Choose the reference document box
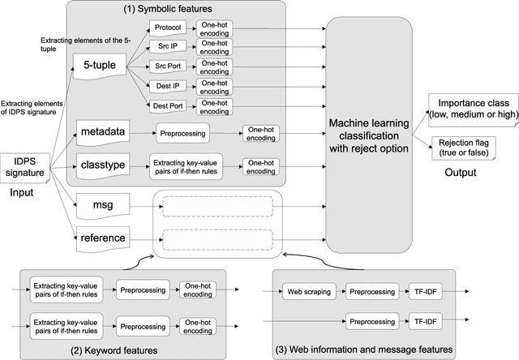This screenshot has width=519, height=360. tap(101, 238)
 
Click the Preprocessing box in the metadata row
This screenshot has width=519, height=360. tap(186, 131)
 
